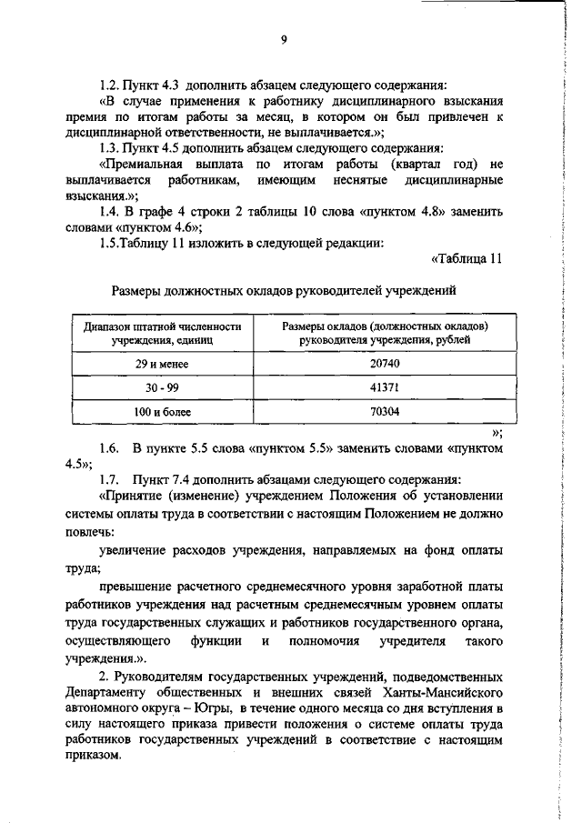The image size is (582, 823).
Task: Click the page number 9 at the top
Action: point(284,38)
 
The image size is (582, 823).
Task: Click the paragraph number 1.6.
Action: point(108,448)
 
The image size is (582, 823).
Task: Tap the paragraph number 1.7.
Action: point(108,479)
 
